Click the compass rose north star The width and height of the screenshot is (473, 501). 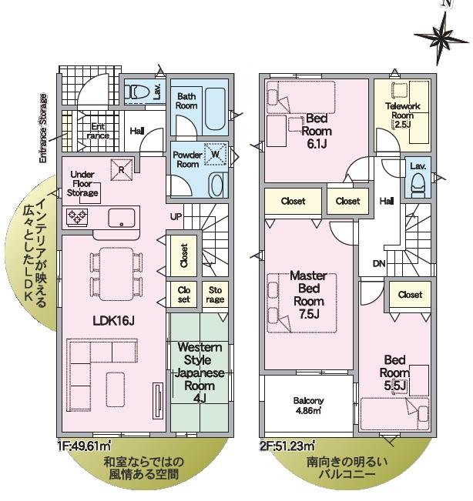[443, 37]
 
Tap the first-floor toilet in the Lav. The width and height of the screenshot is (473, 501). [138, 92]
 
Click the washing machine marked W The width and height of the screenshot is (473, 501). [216, 155]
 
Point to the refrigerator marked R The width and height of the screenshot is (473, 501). [122, 169]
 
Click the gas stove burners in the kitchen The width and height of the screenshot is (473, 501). [77, 217]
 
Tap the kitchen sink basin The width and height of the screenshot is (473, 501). [122, 218]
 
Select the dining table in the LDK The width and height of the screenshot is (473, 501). [116, 274]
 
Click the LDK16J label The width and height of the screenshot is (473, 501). [113, 320]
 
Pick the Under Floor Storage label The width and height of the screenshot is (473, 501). [82, 184]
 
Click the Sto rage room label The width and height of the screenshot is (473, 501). [215, 295]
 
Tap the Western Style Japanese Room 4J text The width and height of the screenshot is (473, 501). [200, 372]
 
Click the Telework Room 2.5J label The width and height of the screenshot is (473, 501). [402, 115]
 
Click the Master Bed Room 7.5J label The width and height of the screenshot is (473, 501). [309, 295]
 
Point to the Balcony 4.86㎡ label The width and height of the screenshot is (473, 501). [308, 406]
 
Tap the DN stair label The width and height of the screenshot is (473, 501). [379, 264]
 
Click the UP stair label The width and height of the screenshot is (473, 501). [176, 216]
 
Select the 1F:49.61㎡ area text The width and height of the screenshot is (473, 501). [85, 446]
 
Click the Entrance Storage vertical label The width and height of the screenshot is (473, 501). [43, 129]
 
